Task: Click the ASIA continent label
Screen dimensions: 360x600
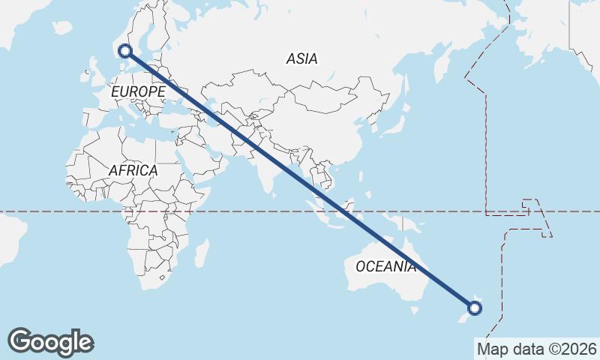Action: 301,58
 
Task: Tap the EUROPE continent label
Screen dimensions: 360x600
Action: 137,91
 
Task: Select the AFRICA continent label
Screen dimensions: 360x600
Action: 133,170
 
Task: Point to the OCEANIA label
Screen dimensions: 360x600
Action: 385,266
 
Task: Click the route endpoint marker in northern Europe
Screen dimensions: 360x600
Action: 125,51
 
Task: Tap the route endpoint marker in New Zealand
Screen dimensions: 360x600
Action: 474,307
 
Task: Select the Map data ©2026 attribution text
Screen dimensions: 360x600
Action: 537,349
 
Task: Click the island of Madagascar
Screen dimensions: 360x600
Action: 201,253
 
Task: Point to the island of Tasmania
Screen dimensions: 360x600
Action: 413,309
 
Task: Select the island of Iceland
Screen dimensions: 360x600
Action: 61,27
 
